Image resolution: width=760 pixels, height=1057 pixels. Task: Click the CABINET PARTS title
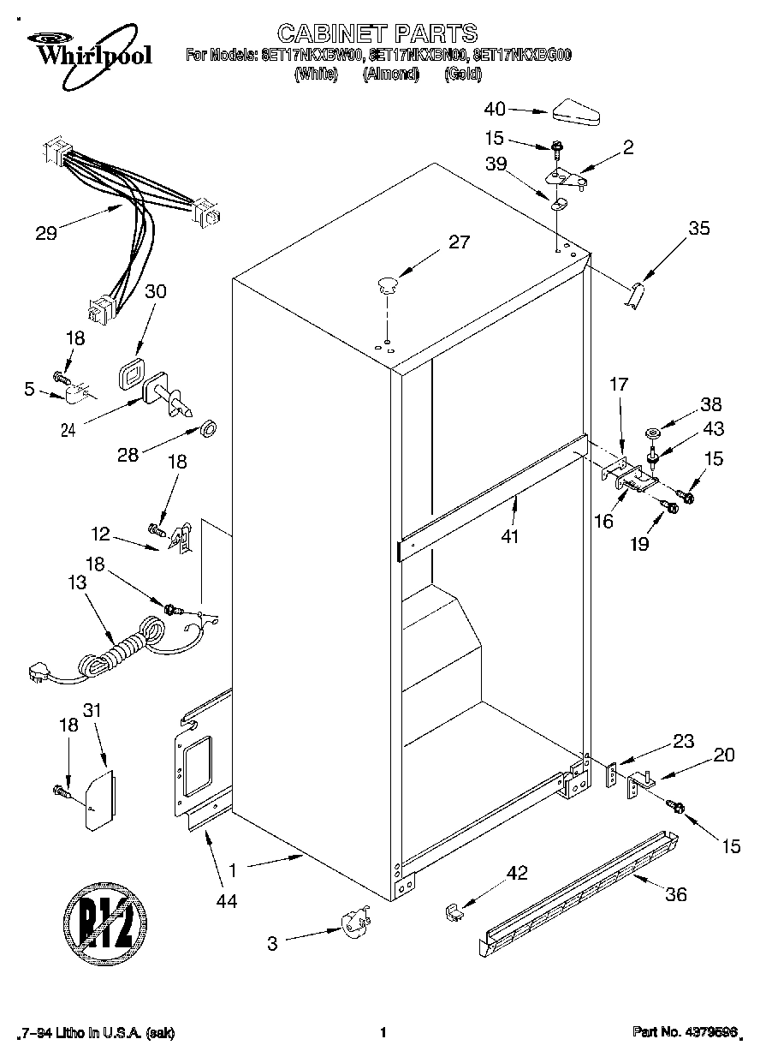(x=377, y=33)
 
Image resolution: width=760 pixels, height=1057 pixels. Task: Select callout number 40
(x=495, y=109)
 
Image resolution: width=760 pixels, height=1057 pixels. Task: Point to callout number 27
(x=459, y=242)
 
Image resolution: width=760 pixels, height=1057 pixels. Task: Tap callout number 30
(x=156, y=291)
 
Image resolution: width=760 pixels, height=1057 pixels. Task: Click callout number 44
(x=226, y=900)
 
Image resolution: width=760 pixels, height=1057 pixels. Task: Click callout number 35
(x=699, y=228)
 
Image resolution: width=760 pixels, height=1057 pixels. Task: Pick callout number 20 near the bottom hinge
(x=723, y=755)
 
